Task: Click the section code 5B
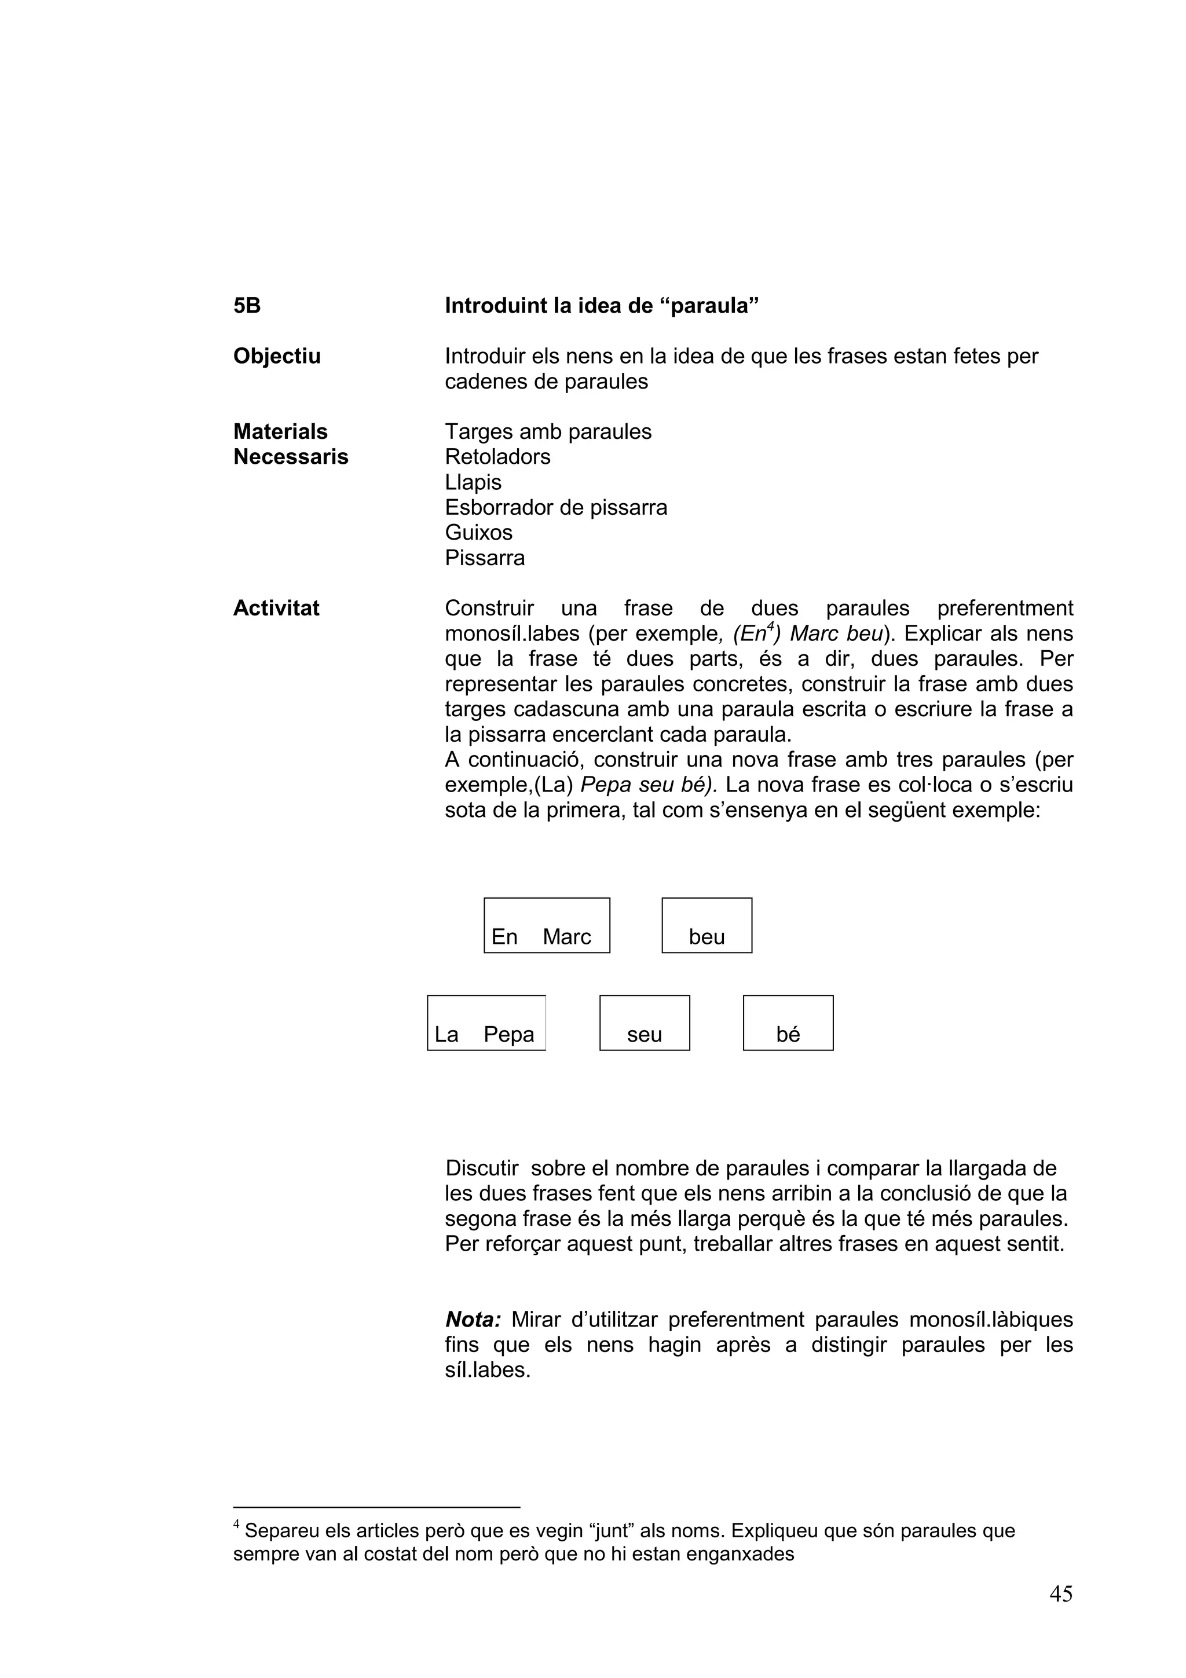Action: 247,306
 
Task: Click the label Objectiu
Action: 276,356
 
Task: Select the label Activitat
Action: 276,608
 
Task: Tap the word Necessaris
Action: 290,457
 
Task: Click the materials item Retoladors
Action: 497,457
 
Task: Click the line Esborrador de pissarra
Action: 555,507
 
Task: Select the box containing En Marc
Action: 547,925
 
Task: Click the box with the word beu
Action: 707,925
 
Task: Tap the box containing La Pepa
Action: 486,1023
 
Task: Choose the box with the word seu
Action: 645,1023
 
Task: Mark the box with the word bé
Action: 788,1023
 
